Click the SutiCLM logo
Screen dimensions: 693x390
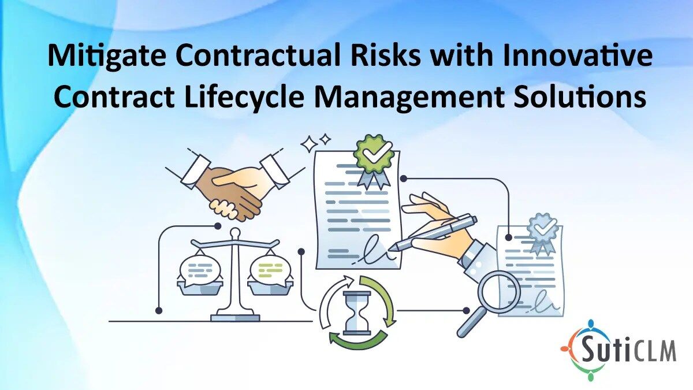point(618,350)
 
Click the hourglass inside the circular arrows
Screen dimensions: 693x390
point(358,313)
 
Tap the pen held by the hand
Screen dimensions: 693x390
point(433,233)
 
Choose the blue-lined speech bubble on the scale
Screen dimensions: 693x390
point(200,270)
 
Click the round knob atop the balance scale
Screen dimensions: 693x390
point(236,232)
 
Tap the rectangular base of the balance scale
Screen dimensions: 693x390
point(235,318)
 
